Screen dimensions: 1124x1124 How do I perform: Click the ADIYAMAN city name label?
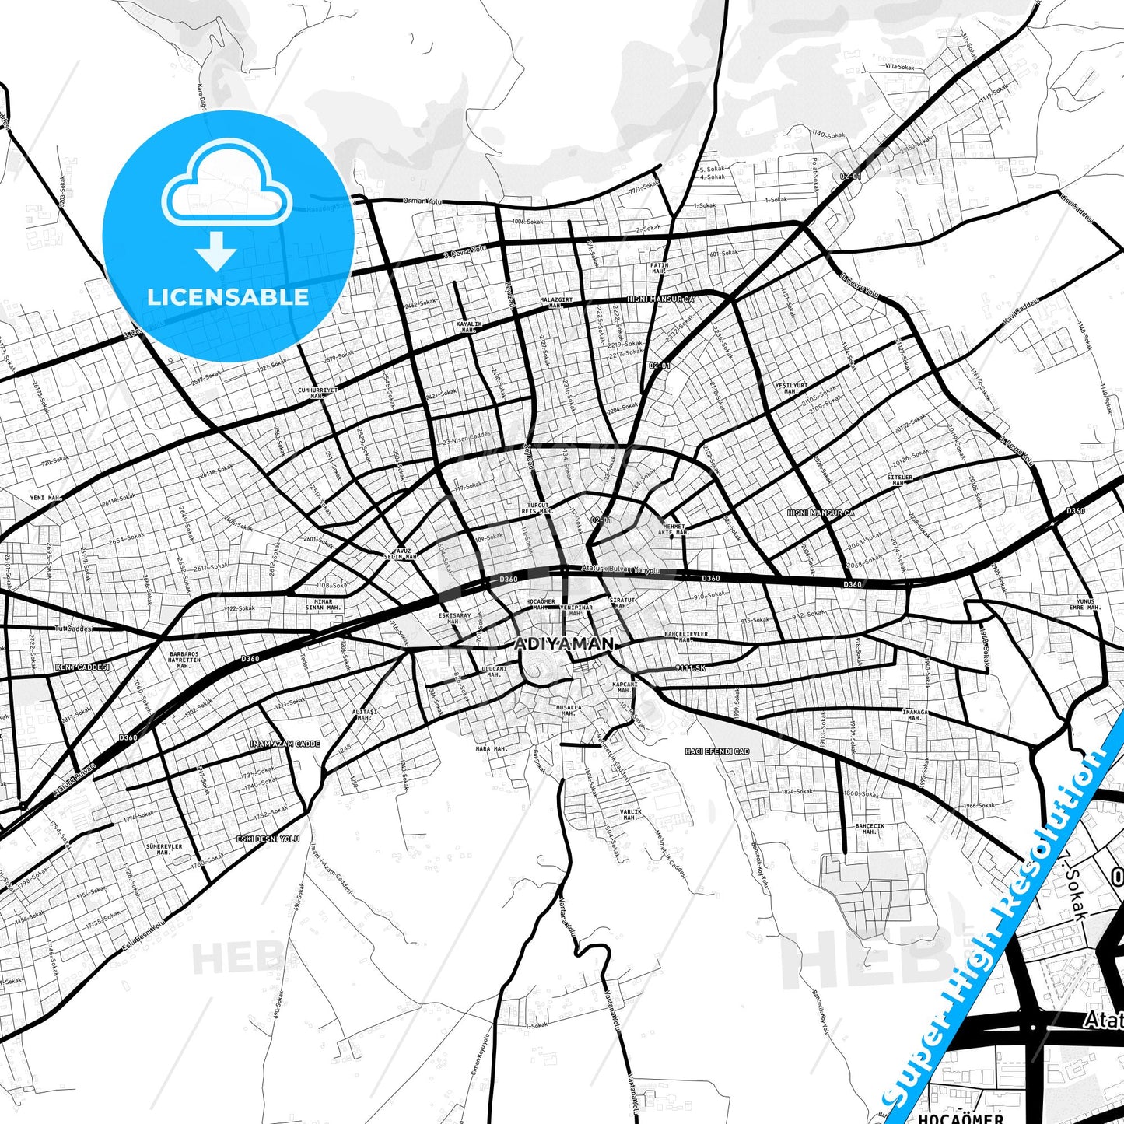click(x=564, y=644)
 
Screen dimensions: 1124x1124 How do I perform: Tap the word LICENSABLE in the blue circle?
click(x=228, y=296)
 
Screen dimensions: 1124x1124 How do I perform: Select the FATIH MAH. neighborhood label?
click(x=659, y=268)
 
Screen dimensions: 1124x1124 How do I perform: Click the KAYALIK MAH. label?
click(x=469, y=327)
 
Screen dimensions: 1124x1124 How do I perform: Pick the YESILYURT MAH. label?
click(x=791, y=388)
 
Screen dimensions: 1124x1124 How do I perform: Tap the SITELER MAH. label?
click(x=898, y=480)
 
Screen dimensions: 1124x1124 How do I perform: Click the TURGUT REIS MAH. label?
click(x=537, y=508)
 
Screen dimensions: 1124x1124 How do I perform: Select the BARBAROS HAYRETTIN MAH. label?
click(x=184, y=660)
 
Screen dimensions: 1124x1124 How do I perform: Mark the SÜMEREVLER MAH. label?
click(x=164, y=849)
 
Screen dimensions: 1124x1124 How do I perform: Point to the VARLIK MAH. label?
click(x=631, y=814)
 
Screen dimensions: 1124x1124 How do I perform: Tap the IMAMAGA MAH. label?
click(x=914, y=714)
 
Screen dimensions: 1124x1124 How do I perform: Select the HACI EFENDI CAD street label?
click(x=716, y=751)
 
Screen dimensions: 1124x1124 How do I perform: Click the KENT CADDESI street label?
click(x=82, y=667)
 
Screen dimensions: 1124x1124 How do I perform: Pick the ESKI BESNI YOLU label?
click(x=268, y=839)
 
